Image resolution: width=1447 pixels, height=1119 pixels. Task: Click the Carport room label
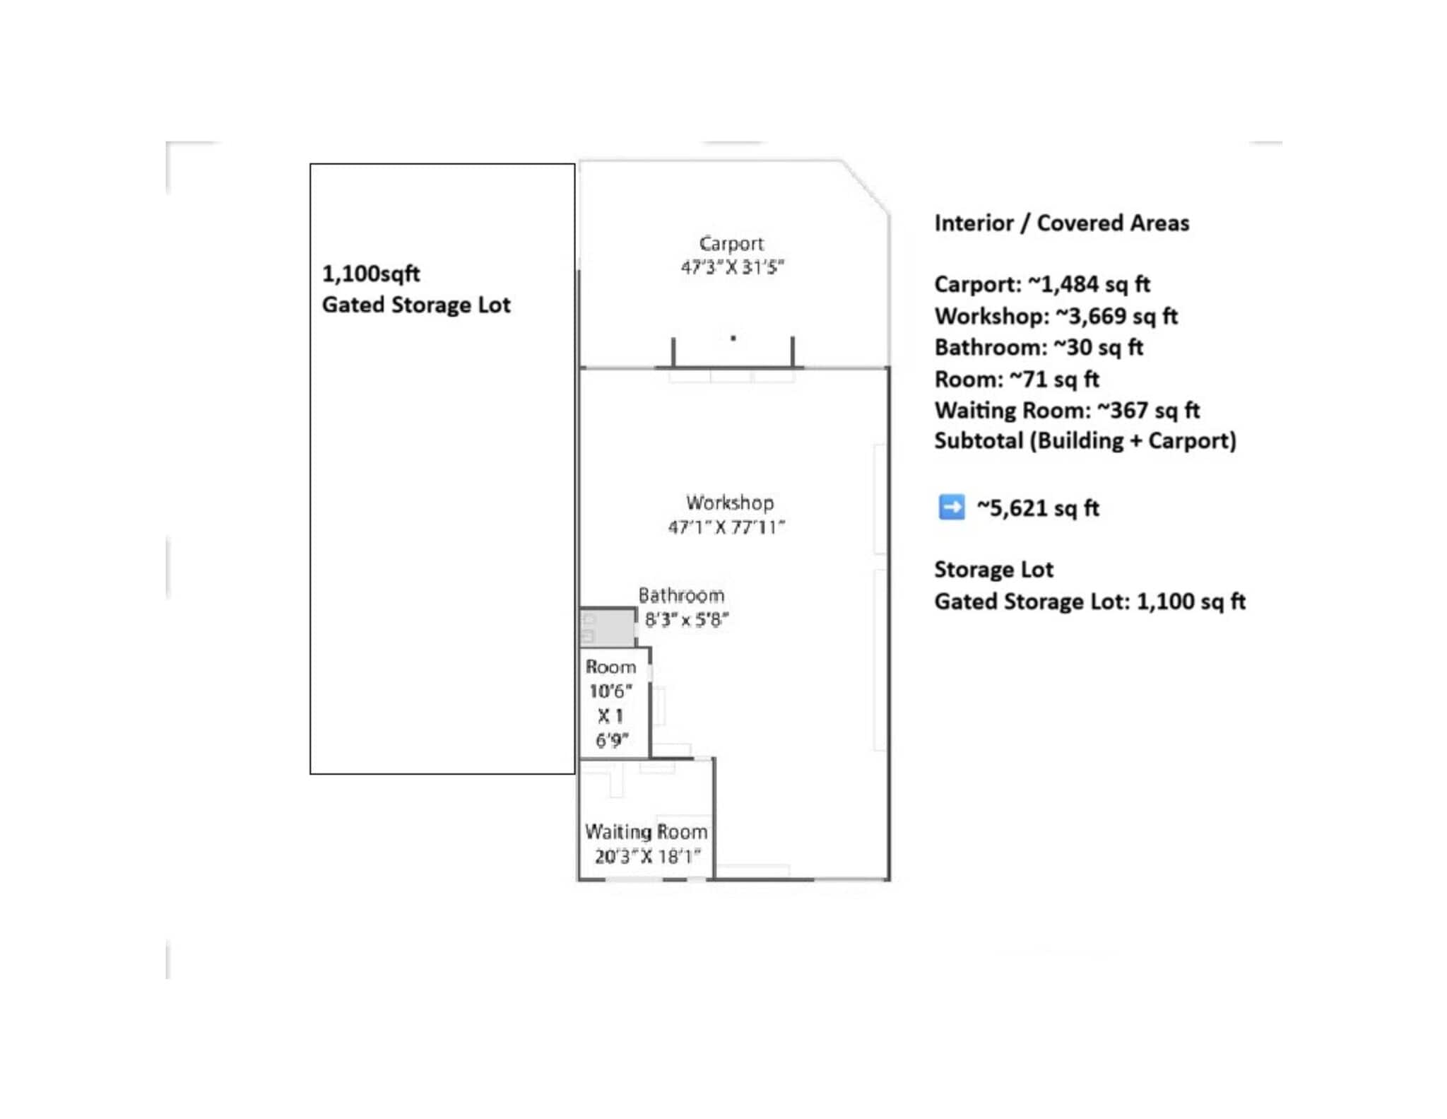pyautogui.click(x=731, y=243)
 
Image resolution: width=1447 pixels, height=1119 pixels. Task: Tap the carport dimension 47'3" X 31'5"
pyautogui.click(x=732, y=267)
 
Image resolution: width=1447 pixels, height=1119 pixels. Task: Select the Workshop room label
pyautogui.click(x=730, y=503)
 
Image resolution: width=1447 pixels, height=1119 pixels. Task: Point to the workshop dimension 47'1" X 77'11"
pyautogui.click(x=726, y=527)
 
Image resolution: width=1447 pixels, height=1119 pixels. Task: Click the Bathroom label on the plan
pyautogui.click(x=681, y=595)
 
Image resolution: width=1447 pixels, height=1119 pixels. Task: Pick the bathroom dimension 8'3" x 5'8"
pyautogui.click(x=686, y=619)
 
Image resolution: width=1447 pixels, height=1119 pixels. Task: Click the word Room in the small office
pyautogui.click(x=610, y=667)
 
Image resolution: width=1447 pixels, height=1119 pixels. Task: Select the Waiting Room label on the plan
pyautogui.click(x=646, y=831)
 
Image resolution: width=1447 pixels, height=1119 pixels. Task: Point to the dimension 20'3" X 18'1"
pyautogui.click(x=647, y=856)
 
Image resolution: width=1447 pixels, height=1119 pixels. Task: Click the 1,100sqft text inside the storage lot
pyautogui.click(x=371, y=274)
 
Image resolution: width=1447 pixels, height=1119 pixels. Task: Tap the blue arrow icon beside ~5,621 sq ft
pyautogui.click(x=951, y=508)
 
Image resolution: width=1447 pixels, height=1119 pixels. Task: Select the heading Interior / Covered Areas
pyautogui.click(x=1061, y=223)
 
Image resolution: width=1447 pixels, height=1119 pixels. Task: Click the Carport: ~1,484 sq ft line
pyautogui.click(x=1041, y=284)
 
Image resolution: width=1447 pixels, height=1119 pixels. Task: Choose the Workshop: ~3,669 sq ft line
pyautogui.click(x=1056, y=316)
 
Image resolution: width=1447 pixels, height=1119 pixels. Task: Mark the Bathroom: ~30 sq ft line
pyautogui.click(x=1038, y=347)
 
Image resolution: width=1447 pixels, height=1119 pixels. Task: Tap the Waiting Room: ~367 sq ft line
pyautogui.click(x=1066, y=410)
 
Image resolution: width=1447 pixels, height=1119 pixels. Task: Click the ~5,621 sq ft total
pyautogui.click(x=1038, y=508)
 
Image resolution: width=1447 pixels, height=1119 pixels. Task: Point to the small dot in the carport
pyautogui.click(x=733, y=338)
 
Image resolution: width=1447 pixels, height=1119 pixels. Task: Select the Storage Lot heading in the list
pyautogui.click(x=993, y=569)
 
